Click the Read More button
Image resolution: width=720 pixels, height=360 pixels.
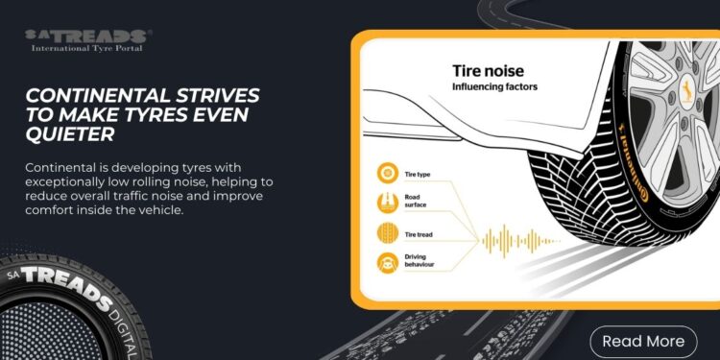point(642,340)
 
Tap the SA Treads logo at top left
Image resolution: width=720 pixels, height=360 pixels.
point(88,36)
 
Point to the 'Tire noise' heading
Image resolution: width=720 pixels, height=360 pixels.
point(493,71)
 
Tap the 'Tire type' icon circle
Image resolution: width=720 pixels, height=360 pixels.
point(389,173)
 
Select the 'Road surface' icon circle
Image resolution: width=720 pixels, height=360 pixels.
point(389,203)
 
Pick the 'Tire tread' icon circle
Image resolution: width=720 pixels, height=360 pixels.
point(389,232)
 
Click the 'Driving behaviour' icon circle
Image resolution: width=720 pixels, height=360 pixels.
point(389,261)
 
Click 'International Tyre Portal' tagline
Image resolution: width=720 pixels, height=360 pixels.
point(87,47)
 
